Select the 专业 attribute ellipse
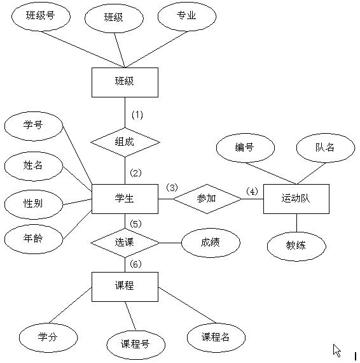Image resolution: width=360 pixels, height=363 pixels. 186,16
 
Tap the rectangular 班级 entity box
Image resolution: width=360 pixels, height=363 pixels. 124,82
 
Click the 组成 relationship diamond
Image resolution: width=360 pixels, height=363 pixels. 124,141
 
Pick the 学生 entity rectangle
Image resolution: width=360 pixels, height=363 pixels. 124,199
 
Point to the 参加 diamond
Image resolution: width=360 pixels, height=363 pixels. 207,199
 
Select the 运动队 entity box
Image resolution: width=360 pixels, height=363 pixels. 296,199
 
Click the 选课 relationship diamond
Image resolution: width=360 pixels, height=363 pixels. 124,243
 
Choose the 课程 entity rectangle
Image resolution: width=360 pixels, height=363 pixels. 124,286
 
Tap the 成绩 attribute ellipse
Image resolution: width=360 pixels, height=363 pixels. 211,242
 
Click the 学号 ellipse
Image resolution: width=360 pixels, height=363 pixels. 33,125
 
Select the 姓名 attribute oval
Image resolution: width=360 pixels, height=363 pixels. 33,166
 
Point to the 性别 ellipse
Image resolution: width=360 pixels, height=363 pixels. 33,204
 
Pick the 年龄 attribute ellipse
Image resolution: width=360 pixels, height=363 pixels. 33,239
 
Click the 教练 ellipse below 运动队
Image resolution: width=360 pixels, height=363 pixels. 296,245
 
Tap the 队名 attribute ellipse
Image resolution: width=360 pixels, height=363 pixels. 325,148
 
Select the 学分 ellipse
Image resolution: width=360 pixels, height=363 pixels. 48,337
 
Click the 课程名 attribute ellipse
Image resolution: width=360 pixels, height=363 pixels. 216,337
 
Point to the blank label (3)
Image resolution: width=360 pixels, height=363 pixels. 172,188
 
